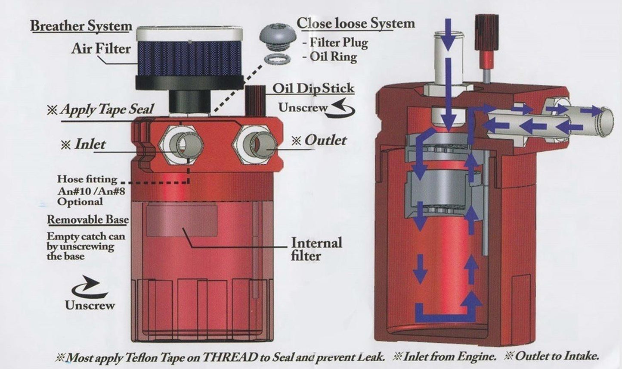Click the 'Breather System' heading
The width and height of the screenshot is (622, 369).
(x=81, y=26)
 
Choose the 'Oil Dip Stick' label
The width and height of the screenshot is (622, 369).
(x=313, y=88)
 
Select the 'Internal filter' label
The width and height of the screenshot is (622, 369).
(x=316, y=249)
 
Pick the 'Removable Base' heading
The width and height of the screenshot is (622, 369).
(x=87, y=219)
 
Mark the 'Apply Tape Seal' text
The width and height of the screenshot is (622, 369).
(x=106, y=109)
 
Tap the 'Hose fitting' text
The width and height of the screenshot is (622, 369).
(x=87, y=178)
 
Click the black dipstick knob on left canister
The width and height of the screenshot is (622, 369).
(x=254, y=100)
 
